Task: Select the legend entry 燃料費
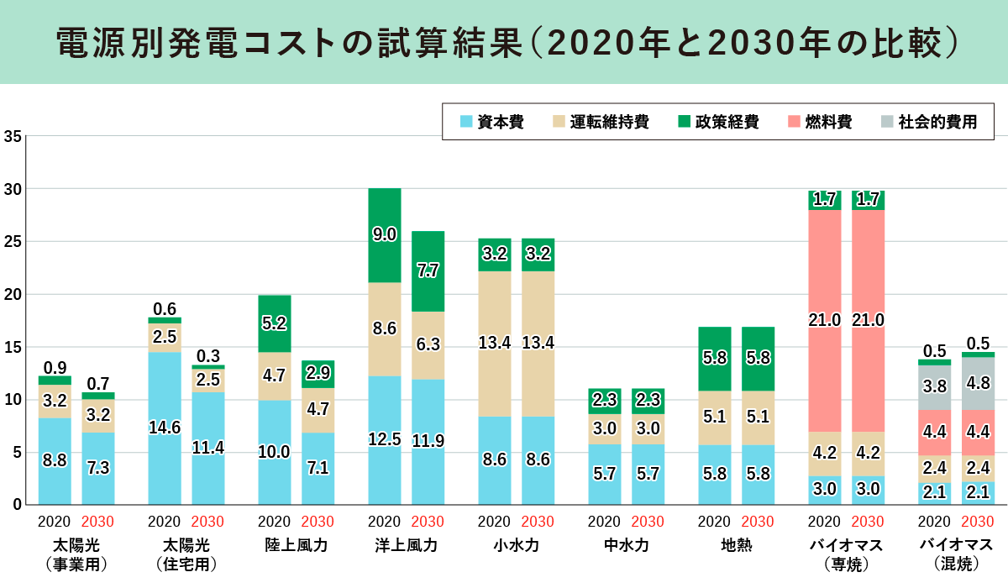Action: (819, 122)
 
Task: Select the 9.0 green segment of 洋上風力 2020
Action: (385, 235)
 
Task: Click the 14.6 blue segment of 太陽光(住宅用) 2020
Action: (165, 428)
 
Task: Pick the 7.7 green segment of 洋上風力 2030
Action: (428, 270)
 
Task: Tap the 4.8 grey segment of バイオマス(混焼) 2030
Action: (978, 384)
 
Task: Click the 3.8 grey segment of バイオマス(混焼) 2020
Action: (934, 387)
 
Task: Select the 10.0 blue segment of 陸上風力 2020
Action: (275, 452)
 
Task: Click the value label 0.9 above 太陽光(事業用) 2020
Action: (55, 366)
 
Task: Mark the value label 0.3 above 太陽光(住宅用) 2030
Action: (208, 355)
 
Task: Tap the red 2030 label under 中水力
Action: (648, 522)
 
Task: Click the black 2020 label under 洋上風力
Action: (385, 522)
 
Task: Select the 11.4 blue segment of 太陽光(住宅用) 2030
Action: (208, 448)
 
